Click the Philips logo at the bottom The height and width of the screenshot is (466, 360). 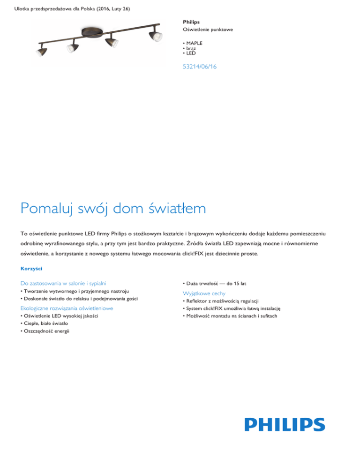pyautogui.click(x=285, y=425)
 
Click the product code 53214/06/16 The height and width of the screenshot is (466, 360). pyautogui.click(x=200, y=67)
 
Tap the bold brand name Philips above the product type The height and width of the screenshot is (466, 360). pyautogui.click(x=191, y=22)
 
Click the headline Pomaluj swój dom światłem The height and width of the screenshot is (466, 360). pyautogui.click(x=113, y=207)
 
